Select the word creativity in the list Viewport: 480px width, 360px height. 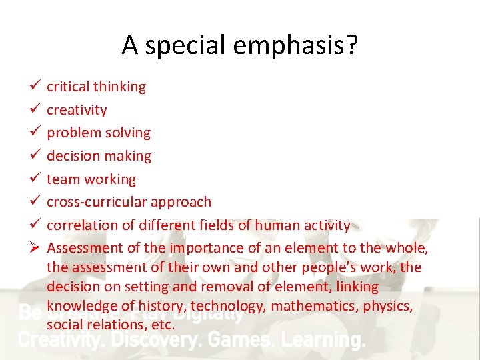pyautogui.click(x=77, y=110)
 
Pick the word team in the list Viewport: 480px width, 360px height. pyautogui.click(x=62, y=179)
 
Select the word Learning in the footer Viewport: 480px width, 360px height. pyautogui.click(x=324, y=340)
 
